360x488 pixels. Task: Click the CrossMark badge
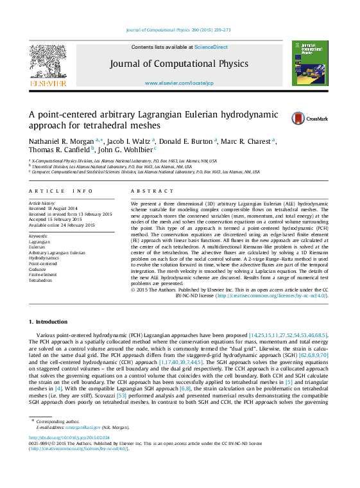coord(309,118)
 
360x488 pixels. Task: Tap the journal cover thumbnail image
coord(310,64)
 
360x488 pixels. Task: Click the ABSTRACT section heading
coord(148,191)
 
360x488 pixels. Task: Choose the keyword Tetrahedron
coord(41,281)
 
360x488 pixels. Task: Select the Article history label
coord(43,202)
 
